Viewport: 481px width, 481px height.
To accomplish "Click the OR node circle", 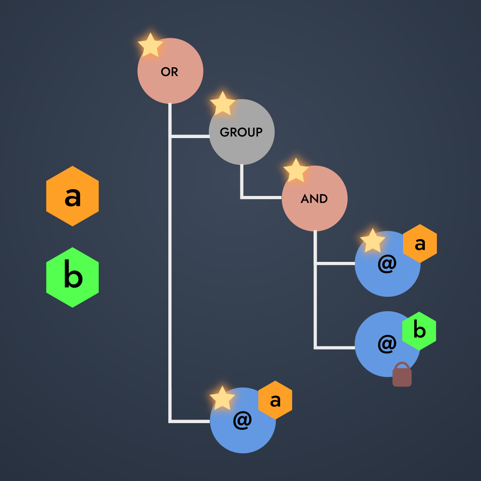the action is pos(170,71).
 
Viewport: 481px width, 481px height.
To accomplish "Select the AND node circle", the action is pos(314,198).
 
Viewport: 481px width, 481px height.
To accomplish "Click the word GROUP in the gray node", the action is pos(241,132).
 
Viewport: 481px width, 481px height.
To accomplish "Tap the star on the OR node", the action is pos(151,45).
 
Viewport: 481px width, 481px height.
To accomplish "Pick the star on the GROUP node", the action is pos(223,103).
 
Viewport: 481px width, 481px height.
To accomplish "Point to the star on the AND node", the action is pos(296,170).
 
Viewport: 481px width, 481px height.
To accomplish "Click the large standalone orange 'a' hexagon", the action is pos(73,196).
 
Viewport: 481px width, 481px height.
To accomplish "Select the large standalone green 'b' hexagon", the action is pos(73,277).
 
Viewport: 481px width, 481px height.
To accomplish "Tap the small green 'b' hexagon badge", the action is pos(419,331).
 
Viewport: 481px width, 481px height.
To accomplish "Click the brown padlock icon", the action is pos(402,374).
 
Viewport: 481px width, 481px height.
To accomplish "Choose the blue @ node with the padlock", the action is pos(387,344).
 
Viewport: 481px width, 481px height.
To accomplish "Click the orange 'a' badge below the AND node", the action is pos(420,244).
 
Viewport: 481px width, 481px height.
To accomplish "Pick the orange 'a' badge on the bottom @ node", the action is pos(275,400).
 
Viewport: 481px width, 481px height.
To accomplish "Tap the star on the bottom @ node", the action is pos(222,398).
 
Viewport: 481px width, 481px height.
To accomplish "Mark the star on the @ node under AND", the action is pos(372,240).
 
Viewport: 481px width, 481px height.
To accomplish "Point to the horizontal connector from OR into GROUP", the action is pos(190,136).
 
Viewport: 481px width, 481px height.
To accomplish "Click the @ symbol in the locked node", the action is pos(387,344).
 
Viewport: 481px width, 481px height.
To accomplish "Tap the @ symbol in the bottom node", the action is pos(242,420).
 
